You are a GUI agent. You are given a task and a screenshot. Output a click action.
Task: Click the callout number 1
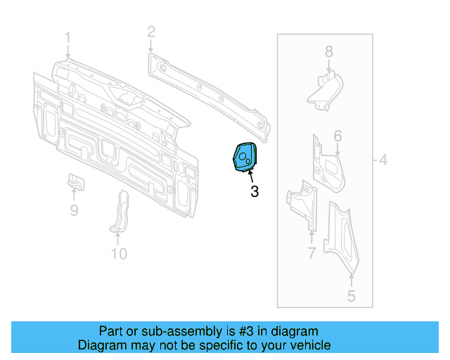pos(68,37)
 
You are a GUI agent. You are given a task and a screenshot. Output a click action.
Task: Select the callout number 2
pos(150,30)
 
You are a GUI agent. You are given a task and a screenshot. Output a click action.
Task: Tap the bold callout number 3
pos(254,191)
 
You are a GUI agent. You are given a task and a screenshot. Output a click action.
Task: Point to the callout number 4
pos(382,160)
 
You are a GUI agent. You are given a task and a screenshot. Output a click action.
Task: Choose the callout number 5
pos(352,296)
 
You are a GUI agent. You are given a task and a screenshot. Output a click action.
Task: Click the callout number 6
pos(337,136)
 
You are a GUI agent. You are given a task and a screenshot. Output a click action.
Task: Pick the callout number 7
pos(311,253)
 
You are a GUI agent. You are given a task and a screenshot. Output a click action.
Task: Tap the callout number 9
pos(74,210)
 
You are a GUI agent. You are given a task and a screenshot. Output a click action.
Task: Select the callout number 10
pos(119,253)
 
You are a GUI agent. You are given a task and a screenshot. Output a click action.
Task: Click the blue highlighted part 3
pos(245,157)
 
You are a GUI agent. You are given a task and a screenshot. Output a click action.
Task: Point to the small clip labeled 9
pos(75,181)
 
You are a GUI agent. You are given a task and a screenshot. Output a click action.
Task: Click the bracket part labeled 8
pos(324,91)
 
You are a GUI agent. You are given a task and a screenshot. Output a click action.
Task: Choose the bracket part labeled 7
pos(303,203)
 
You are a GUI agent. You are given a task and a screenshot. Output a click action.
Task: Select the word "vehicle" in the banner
pos(309,345)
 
